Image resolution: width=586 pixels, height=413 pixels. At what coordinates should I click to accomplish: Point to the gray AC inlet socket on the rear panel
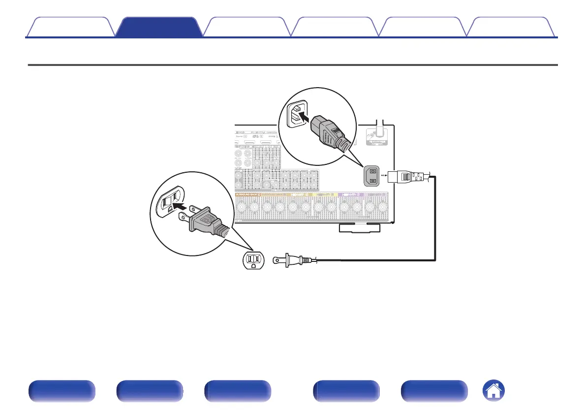(373, 175)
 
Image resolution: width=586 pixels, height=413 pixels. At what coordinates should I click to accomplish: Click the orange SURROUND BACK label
(248, 195)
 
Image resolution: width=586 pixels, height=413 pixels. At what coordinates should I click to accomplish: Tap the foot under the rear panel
(359, 227)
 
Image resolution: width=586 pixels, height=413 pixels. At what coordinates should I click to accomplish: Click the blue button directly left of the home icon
(434, 391)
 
